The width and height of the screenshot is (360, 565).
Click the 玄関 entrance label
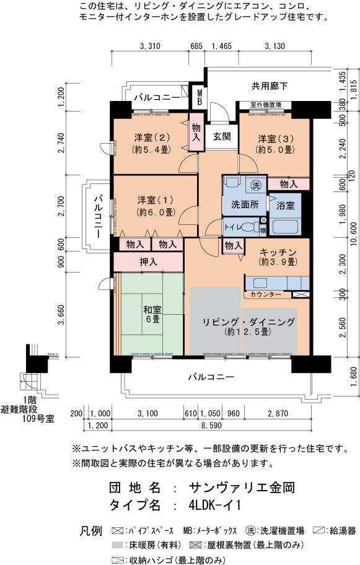coord(222,137)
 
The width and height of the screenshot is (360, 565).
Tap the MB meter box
coord(200,97)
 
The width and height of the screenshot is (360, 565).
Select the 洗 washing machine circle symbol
coord(256,186)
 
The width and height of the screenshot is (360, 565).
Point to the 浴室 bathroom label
coord(286,206)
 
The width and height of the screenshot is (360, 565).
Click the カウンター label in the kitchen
coord(266,294)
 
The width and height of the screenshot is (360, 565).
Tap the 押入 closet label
coord(149,262)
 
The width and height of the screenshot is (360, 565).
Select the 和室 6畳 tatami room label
coord(152,314)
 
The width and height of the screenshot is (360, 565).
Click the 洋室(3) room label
coord(275,144)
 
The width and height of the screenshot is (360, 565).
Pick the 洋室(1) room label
coord(156,206)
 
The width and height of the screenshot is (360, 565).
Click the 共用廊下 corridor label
coord(270,85)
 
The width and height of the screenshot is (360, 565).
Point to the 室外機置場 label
coord(266,105)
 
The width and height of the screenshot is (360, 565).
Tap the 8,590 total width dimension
coord(211,426)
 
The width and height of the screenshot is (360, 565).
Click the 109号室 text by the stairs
coord(38,418)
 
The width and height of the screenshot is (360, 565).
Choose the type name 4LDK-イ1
coord(214,505)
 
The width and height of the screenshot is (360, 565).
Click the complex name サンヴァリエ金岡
coord(242,488)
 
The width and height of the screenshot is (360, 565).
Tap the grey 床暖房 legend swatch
coord(118,545)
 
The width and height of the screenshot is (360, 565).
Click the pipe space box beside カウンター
coord(301,294)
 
